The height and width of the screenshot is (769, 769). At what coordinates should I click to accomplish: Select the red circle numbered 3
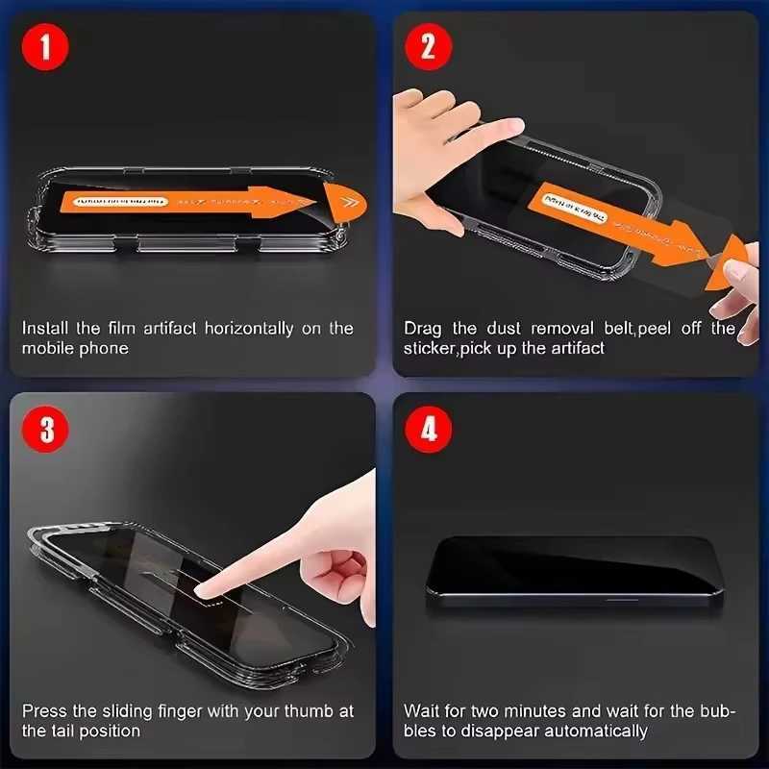(x=45, y=430)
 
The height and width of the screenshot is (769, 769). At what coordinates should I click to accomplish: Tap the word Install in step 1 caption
(x=44, y=329)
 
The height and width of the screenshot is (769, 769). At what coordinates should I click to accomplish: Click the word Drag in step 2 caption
(x=422, y=329)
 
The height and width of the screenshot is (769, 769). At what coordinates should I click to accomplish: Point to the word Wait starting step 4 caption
(x=423, y=711)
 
